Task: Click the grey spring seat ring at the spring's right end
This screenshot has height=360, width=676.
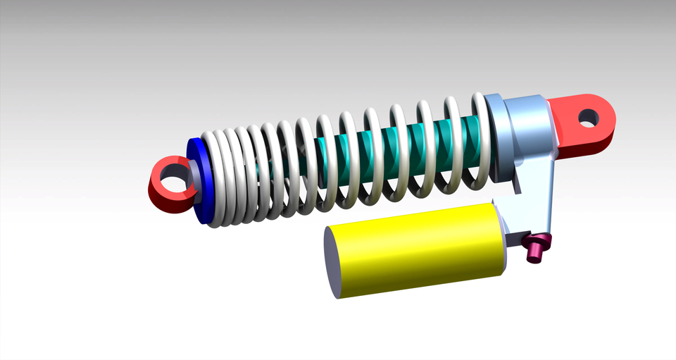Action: (494, 137)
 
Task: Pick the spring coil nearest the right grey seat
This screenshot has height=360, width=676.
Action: (480, 141)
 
